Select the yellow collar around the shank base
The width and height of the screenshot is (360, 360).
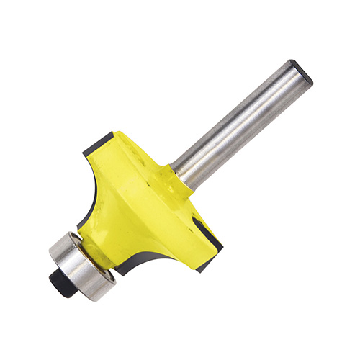pos(166,179)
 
